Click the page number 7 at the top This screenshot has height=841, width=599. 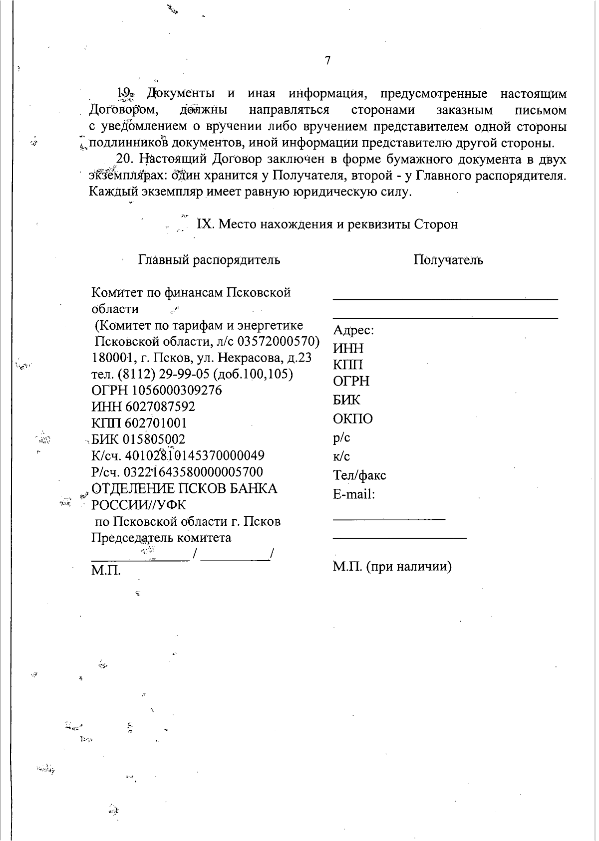tap(327, 61)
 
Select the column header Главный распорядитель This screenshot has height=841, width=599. tap(209, 260)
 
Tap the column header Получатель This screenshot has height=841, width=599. tap(448, 260)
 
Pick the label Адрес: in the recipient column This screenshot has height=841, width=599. tap(353, 330)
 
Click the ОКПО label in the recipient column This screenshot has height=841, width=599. tap(352, 419)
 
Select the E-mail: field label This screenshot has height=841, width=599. tap(354, 494)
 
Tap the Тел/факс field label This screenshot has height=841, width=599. tap(359, 475)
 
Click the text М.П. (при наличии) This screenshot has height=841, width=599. tap(392, 567)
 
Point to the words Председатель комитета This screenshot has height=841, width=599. tap(161, 538)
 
